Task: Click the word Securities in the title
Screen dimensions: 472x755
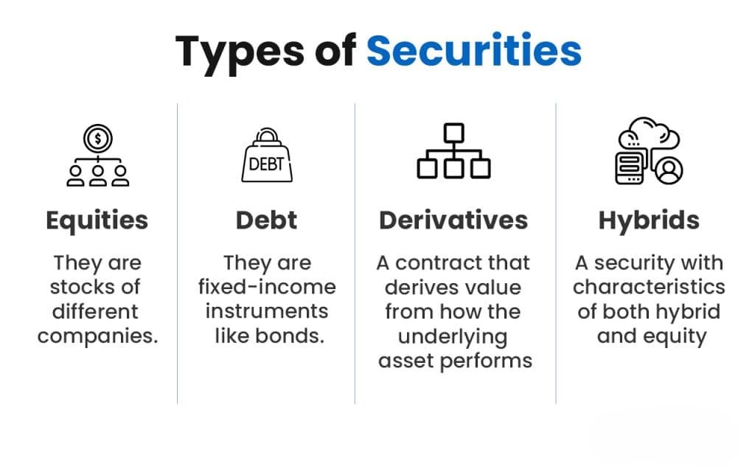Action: (473, 51)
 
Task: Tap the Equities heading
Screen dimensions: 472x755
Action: (97, 220)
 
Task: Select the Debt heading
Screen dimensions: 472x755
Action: (266, 220)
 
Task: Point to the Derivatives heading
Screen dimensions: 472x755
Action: (453, 220)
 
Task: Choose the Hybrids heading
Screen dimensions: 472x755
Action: (649, 220)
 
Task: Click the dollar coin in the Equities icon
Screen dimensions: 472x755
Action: (98, 138)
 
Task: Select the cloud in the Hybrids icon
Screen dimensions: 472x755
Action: (650, 136)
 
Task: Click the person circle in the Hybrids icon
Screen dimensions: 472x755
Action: (669, 170)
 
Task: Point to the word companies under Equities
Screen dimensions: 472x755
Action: (98, 337)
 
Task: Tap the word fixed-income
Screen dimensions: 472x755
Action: (267, 287)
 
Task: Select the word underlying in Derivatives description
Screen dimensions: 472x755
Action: (453, 337)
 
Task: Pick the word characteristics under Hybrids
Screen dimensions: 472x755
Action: (649, 287)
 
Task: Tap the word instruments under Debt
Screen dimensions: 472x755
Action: (267, 311)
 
